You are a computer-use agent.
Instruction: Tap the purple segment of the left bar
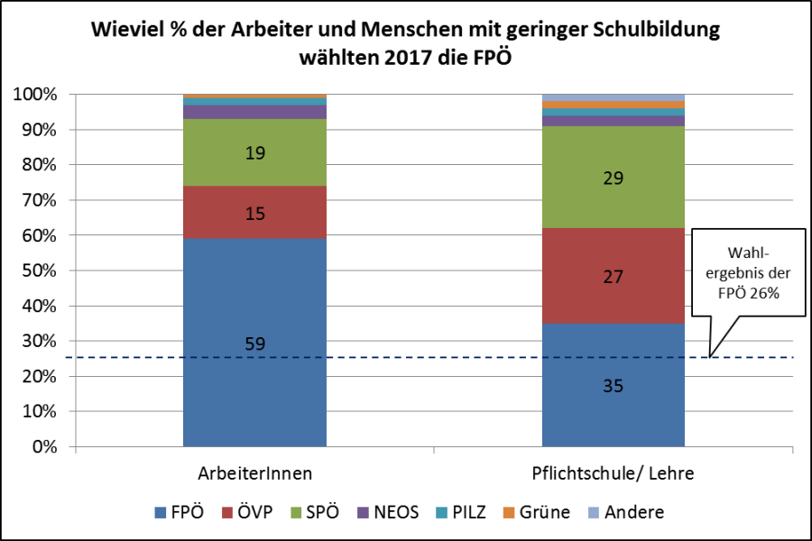point(254,113)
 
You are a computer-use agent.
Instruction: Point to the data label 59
point(254,344)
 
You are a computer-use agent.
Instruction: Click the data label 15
point(254,214)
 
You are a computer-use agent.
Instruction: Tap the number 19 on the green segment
point(254,153)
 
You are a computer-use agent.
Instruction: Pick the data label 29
point(613,179)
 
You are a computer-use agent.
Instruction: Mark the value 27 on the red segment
point(613,277)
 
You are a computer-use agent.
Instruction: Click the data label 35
point(613,386)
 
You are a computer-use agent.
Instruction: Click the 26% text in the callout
point(765,292)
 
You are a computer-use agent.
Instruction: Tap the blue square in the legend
point(161,512)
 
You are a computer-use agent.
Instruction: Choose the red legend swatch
point(227,512)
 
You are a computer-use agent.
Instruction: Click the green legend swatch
point(296,512)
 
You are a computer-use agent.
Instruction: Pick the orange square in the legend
point(509,512)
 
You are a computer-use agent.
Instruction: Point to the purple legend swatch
point(363,512)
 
